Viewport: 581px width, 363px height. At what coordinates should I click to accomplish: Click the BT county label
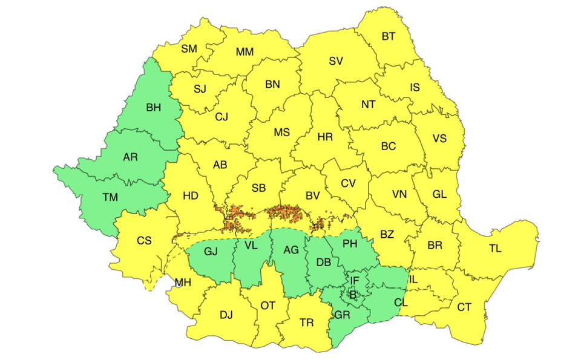pyautogui.click(x=389, y=37)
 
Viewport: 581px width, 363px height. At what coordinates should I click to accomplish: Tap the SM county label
pyautogui.click(x=189, y=49)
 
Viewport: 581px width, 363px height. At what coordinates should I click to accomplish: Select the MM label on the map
pyautogui.click(x=245, y=52)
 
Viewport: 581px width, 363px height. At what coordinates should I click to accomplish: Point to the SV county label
pyautogui.click(x=336, y=61)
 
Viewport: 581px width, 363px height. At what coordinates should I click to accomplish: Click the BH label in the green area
pyautogui.click(x=154, y=108)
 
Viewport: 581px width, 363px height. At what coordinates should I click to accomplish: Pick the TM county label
pyautogui.click(x=111, y=197)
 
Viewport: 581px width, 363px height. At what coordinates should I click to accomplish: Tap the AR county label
pyautogui.click(x=130, y=157)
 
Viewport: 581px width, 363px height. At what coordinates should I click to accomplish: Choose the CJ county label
pyautogui.click(x=222, y=117)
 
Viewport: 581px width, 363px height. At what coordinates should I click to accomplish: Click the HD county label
pyautogui.click(x=191, y=196)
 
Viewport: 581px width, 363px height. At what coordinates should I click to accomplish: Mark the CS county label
pyautogui.click(x=144, y=241)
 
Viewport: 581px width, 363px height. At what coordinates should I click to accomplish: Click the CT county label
pyautogui.click(x=464, y=307)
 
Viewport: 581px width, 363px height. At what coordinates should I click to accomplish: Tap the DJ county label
pyautogui.click(x=226, y=315)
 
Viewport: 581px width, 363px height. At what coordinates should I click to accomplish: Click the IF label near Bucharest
pyautogui.click(x=355, y=280)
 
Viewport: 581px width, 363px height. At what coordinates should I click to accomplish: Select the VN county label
pyautogui.click(x=399, y=195)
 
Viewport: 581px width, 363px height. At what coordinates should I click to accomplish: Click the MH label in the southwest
pyautogui.click(x=183, y=283)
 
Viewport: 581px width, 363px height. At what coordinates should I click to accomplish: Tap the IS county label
pyautogui.click(x=415, y=88)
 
